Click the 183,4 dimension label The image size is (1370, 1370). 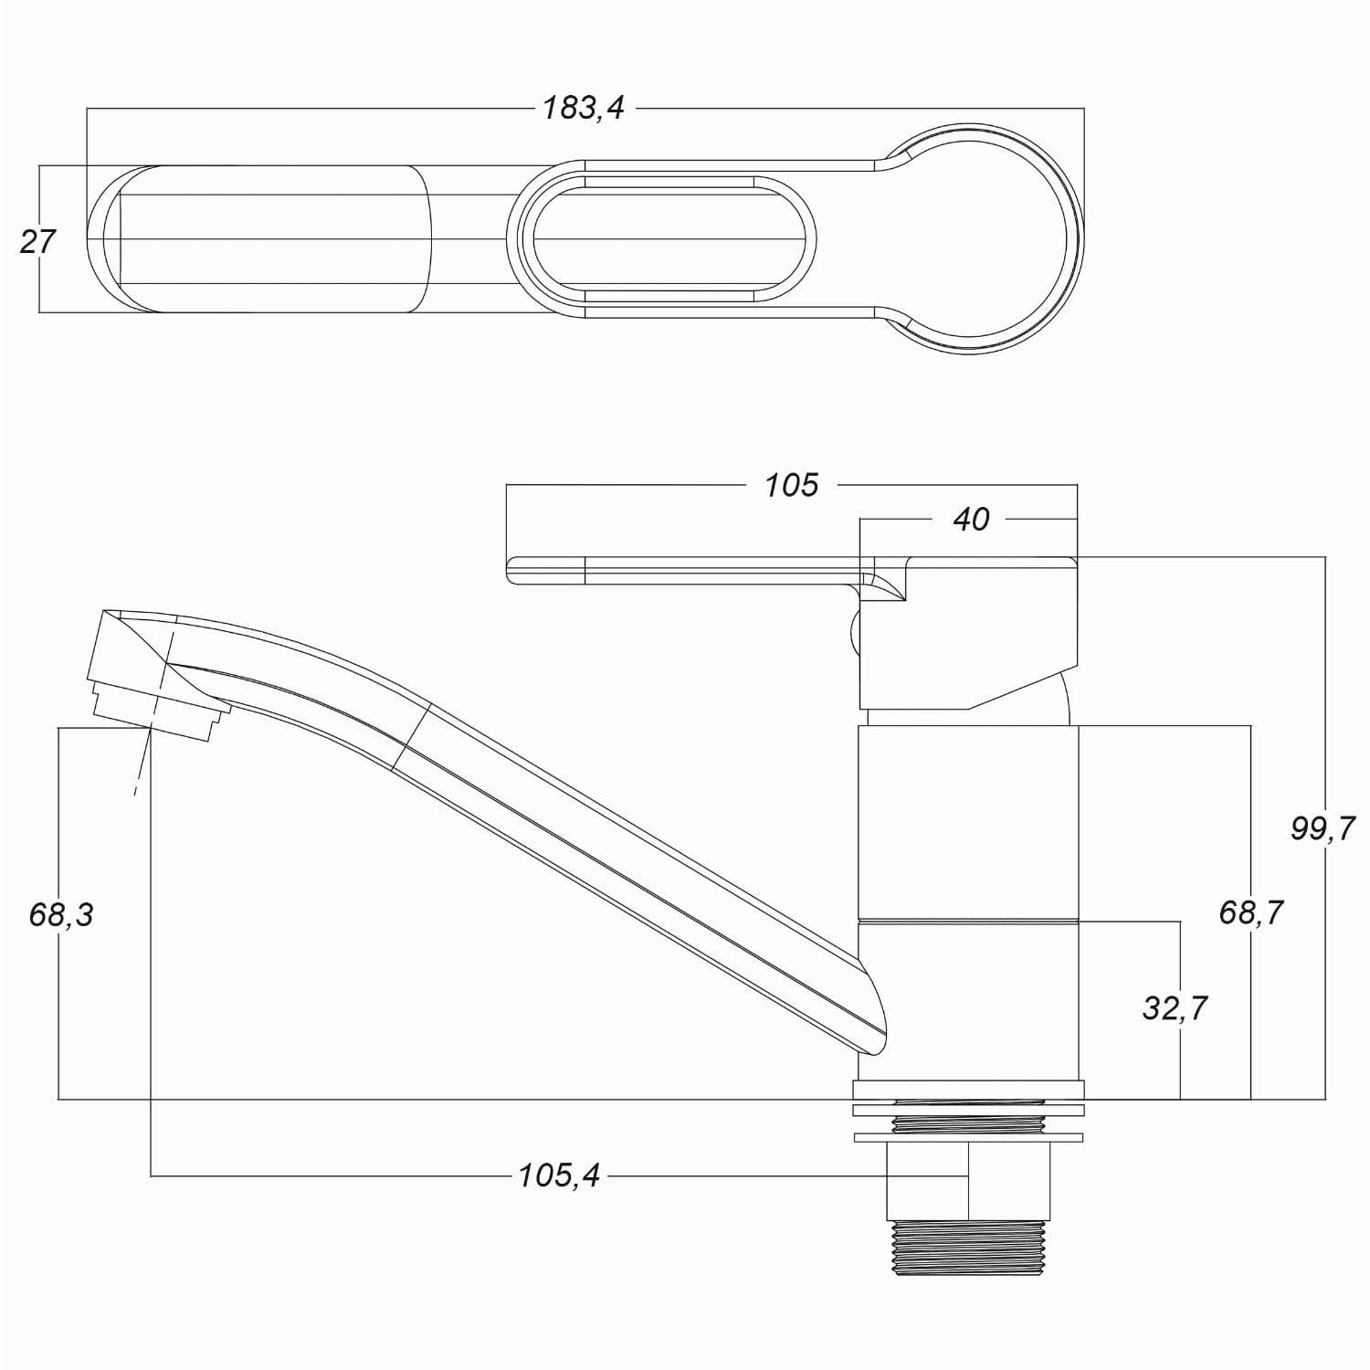584,109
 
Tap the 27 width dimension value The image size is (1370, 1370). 37,241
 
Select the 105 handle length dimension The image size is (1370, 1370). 792,485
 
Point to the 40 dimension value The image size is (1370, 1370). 971,519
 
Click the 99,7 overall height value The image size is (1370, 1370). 1323,828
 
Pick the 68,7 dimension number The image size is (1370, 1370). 1251,912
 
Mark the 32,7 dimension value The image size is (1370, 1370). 1175,1007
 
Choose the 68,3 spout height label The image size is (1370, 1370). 61,913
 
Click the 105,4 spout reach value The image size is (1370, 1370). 559,1175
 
